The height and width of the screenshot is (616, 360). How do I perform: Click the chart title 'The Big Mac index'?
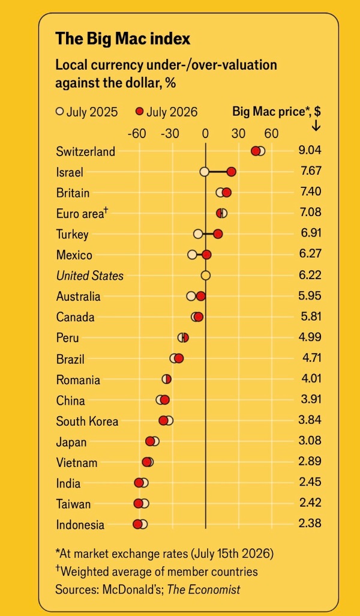[122, 39]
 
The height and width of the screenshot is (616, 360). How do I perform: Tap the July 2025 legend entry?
[86, 112]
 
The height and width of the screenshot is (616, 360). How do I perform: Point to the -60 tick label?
[137, 134]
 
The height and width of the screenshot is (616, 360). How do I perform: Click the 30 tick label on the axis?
[238, 134]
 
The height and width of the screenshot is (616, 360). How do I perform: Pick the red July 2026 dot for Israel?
[231, 172]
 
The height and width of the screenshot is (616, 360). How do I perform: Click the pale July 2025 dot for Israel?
[204, 172]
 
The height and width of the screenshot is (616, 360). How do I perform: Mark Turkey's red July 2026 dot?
[218, 234]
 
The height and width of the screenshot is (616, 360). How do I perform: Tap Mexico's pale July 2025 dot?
[192, 255]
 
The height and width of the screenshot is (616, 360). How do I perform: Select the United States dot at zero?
[206, 276]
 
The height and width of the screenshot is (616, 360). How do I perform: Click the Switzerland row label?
[86, 152]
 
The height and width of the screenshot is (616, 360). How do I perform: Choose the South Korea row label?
[87, 421]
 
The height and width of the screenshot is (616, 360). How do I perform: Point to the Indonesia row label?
[80, 525]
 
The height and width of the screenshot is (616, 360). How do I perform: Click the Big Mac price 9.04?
[310, 151]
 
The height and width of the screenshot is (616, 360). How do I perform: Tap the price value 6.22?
[310, 274]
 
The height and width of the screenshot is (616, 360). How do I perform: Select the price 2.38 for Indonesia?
[310, 524]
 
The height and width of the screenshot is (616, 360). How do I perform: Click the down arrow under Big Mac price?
[316, 126]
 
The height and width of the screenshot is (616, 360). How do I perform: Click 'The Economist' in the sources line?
[204, 590]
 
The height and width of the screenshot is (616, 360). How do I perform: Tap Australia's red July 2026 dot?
[200, 296]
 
